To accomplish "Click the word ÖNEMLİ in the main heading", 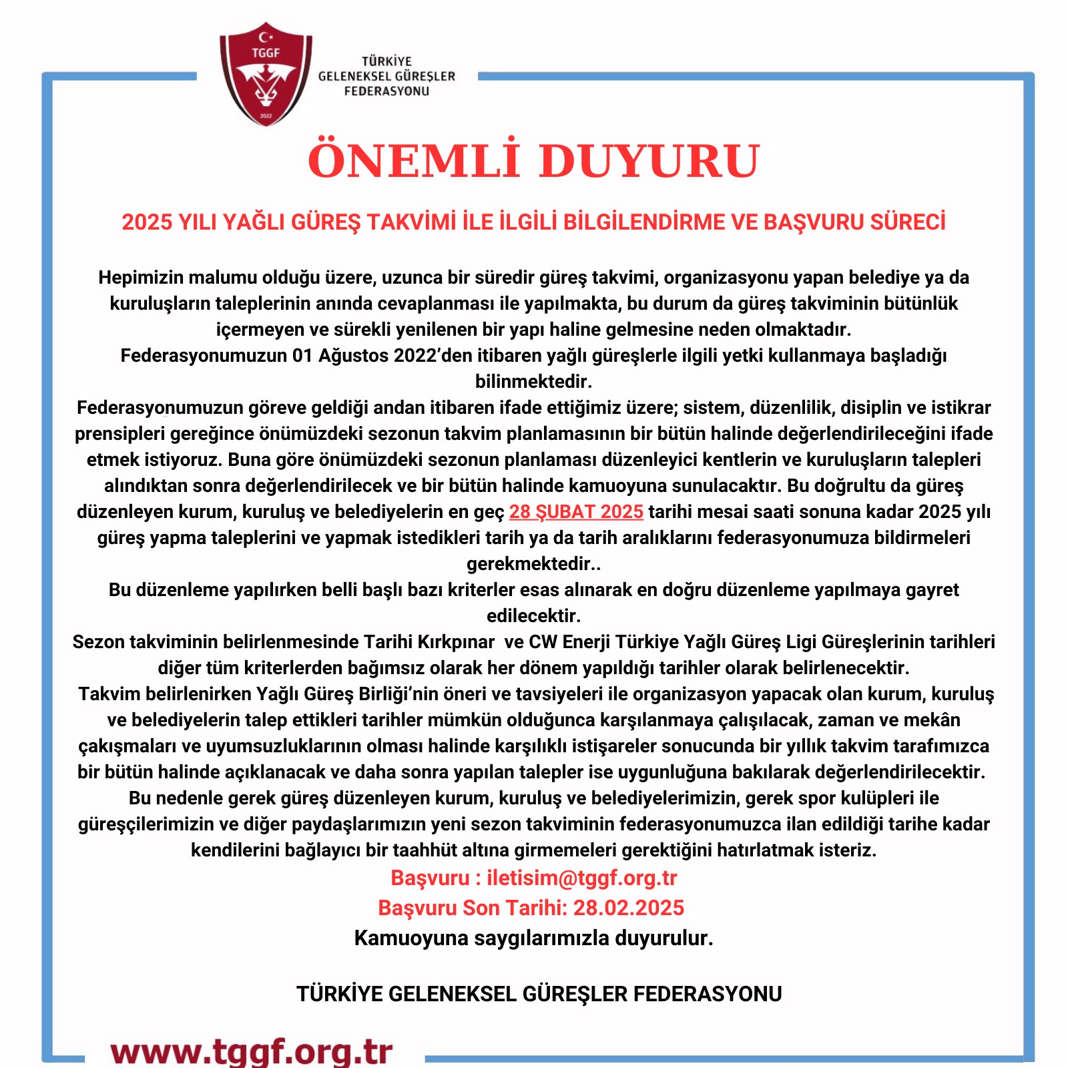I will [414, 160].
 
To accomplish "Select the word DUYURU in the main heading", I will [649, 160].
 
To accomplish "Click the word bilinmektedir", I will [533, 382].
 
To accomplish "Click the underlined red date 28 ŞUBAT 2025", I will [576, 512].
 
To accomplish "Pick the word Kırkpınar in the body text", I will [456, 642].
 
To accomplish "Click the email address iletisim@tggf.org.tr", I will [581, 878].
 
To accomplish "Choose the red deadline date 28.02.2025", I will [629, 908].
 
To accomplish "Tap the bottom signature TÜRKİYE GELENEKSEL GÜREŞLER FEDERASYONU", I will [539, 994].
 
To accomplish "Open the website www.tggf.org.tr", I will [252, 1051].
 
